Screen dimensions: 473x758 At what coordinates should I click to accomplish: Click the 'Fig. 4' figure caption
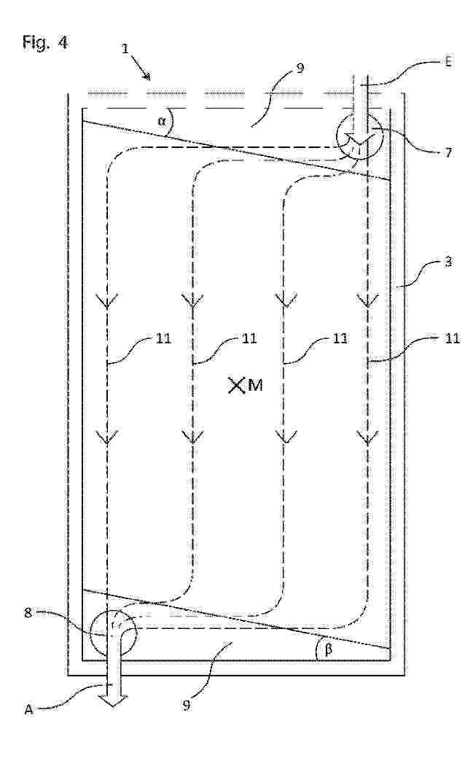[x=45, y=43]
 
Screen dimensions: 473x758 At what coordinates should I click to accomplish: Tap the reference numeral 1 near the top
[x=126, y=50]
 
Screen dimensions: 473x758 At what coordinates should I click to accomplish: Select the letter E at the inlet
[x=448, y=63]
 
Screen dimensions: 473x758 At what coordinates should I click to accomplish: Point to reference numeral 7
[x=448, y=153]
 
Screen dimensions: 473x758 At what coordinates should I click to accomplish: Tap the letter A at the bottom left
[x=28, y=710]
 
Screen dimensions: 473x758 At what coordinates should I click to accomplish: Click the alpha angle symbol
[x=162, y=121]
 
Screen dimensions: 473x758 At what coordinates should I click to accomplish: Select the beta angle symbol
[x=329, y=649]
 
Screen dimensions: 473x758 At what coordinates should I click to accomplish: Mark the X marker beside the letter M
[x=236, y=386]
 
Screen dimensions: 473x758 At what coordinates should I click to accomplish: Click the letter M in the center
[x=255, y=386]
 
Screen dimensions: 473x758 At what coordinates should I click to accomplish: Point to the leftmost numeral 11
[x=163, y=338]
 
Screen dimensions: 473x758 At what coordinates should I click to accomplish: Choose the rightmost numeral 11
[x=452, y=338]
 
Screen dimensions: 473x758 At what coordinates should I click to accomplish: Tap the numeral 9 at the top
[x=300, y=69]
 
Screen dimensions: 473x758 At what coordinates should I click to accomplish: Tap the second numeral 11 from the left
[x=249, y=338]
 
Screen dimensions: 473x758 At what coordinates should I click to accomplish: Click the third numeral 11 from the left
[x=340, y=338]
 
